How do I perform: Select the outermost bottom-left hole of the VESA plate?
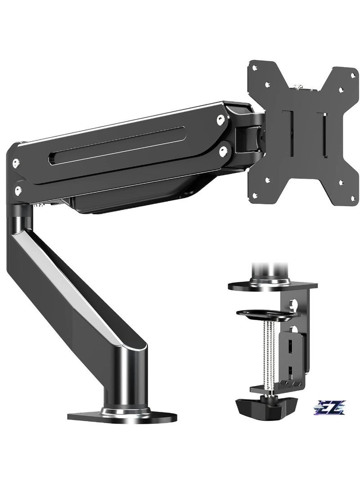tap(256, 194)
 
